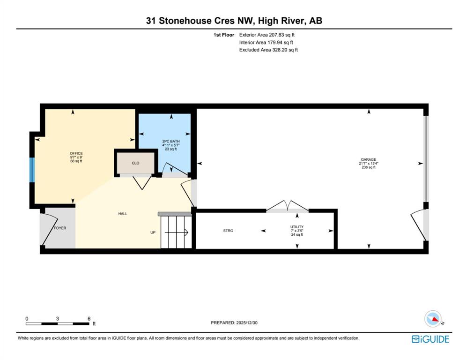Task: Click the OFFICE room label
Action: pos(76,154)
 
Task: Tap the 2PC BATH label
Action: pos(171,141)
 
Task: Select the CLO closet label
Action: pos(135,163)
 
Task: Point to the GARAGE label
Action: pos(369,159)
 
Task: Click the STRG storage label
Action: pos(228,231)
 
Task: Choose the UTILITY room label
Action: pos(297,227)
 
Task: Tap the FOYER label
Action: pos(60,228)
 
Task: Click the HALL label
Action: pos(123,214)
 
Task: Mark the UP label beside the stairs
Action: pos(153,232)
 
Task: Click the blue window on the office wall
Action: pos(32,170)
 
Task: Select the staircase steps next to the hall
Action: pos(176,232)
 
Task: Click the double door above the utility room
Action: pos(287,206)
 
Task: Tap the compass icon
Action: pos(433,319)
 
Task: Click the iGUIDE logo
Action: pos(430,339)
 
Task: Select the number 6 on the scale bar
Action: pos(89,319)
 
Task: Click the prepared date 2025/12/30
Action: pos(247,322)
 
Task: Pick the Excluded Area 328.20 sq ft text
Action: pos(268,50)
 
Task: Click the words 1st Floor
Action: pos(224,35)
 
